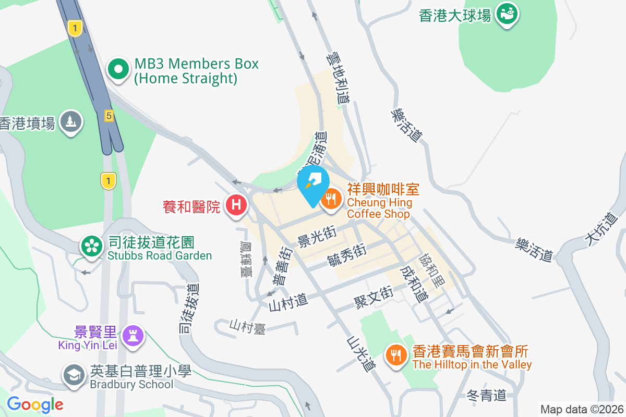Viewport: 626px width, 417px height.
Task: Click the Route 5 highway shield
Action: (x=108, y=116)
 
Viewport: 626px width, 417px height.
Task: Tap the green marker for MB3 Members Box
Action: (x=118, y=69)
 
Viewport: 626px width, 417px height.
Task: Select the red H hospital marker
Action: (x=236, y=204)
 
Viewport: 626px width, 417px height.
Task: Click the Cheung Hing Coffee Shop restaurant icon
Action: (x=331, y=199)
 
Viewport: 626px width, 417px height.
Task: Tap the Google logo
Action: (x=35, y=404)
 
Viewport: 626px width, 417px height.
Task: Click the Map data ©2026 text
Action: (x=581, y=409)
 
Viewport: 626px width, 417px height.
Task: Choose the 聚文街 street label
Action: (x=373, y=298)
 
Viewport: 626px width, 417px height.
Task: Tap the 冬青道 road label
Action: (x=486, y=395)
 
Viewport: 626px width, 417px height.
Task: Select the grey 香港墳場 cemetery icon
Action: (x=71, y=121)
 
